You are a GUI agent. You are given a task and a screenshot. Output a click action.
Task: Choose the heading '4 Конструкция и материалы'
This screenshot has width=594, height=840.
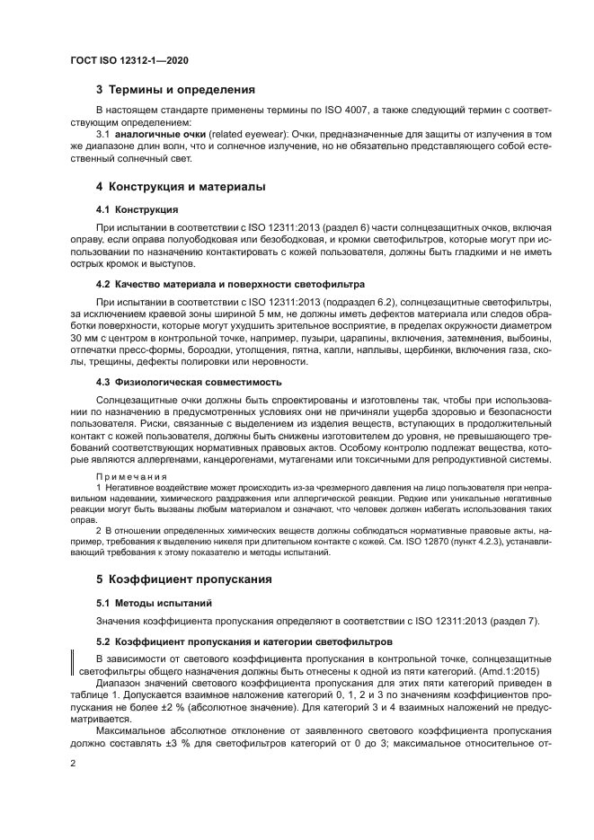pos(180,188)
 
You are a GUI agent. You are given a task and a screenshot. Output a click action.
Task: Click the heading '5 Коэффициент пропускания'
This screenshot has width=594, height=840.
pos(183,579)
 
